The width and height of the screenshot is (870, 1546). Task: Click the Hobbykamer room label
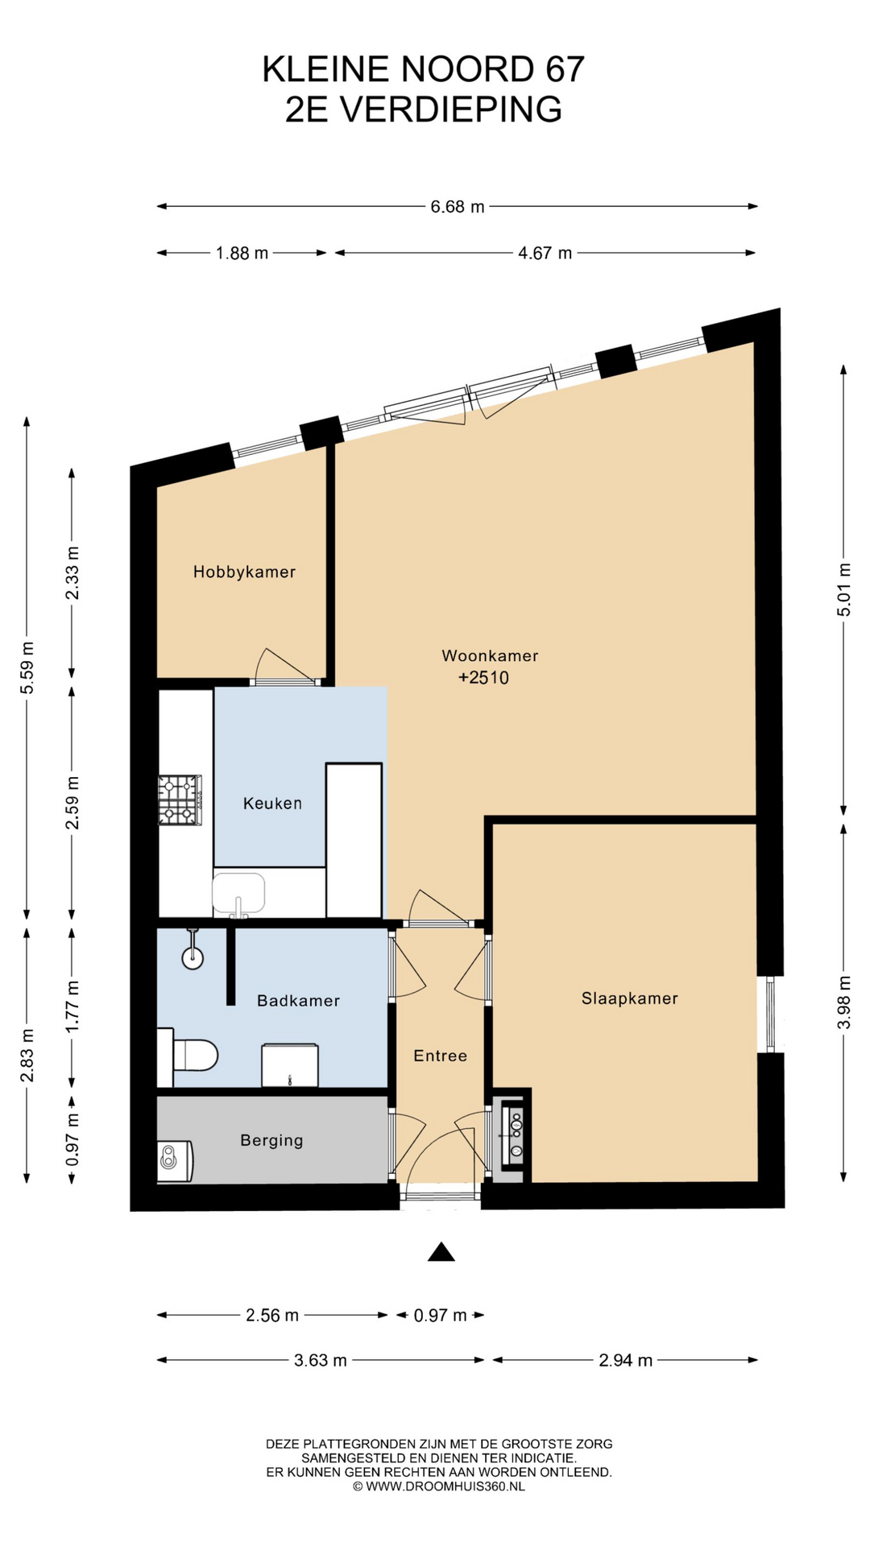pos(244,572)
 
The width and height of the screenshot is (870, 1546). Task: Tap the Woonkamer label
pos(490,655)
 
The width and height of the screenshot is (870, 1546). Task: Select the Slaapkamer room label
pos(630,998)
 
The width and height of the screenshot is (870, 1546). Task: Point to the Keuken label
pos(272,803)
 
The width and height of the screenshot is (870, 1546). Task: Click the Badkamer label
pos(298,1000)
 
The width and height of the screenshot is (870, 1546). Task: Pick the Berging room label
pos(271,1140)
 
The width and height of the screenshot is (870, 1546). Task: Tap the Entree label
pos(440,1056)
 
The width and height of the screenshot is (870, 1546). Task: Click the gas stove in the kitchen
pos(180,800)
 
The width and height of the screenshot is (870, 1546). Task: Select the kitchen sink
pos(238,894)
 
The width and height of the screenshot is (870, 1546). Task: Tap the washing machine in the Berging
pos(175,1160)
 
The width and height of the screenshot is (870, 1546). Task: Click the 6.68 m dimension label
pos(458,207)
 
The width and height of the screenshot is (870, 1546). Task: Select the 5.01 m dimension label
pos(843,589)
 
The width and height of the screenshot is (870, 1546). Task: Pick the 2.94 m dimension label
pos(625,1360)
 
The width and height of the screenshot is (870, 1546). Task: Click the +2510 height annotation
pos(483,678)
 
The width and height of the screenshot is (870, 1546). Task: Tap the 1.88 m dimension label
pos(242,254)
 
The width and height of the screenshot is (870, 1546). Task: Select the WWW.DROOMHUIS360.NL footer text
pos(445,1486)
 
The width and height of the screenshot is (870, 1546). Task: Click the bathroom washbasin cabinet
pos(290,1065)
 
